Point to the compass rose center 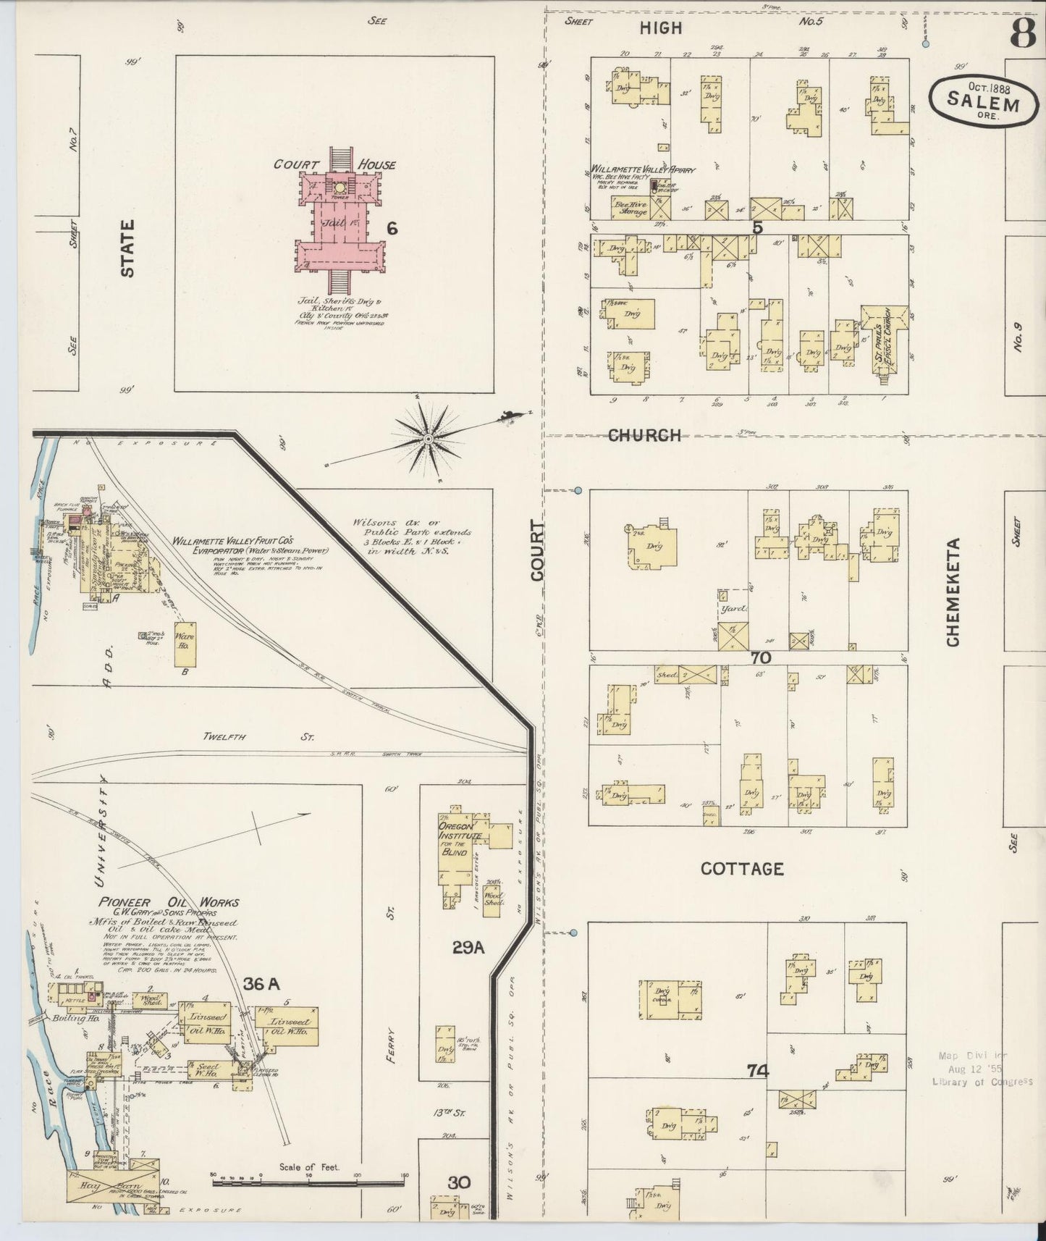point(429,438)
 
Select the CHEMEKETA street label point(953,592)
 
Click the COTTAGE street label point(742,868)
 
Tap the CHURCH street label point(644,435)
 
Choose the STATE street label point(127,248)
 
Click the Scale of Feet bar point(308,1181)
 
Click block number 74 point(758,1070)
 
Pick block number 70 point(760,657)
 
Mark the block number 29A point(468,946)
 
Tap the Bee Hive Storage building point(630,206)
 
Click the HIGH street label point(660,28)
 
